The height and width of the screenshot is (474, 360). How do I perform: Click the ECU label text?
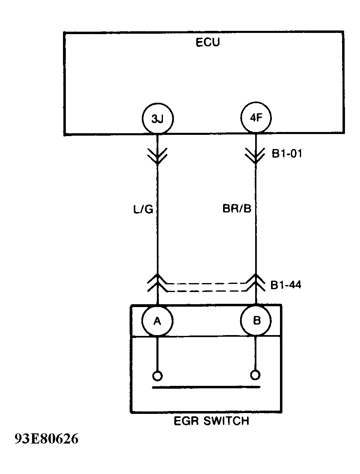click(208, 42)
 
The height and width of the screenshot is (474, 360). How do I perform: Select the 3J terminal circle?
click(157, 119)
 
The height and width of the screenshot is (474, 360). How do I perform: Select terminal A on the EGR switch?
click(157, 320)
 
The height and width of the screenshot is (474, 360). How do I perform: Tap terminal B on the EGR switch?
click(256, 320)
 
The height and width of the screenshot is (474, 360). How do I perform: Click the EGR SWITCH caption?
click(211, 421)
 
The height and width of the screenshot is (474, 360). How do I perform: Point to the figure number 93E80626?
click(46, 439)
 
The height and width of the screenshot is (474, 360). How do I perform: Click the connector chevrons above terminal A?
click(157, 283)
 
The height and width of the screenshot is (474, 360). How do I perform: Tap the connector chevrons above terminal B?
click(256, 283)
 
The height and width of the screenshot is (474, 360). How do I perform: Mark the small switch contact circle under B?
click(256, 374)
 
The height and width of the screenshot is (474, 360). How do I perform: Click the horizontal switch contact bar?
click(206, 387)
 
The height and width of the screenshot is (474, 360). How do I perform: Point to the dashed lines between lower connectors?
click(206, 287)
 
